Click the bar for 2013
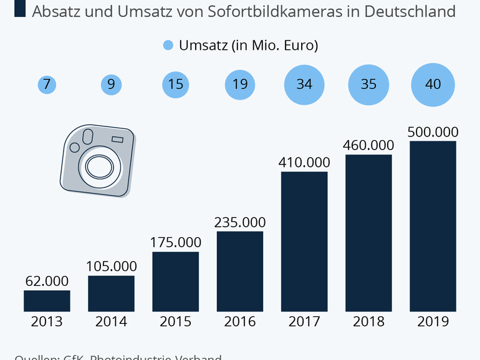click(x=47, y=300)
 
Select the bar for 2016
click(x=240, y=271)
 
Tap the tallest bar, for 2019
click(x=433, y=225)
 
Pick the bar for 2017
click(x=304, y=241)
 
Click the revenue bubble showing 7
click(x=47, y=84)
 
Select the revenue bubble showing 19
click(x=240, y=84)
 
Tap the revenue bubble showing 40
click(x=433, y=84)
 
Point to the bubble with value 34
click(x=304, y=84)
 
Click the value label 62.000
click(x=47, y=282)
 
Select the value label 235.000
click(x=240, y=222)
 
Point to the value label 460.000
click(x=368, y=145)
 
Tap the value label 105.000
click(x=111, y=266)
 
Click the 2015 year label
click(x=176, y=322)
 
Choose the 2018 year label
click(x=368, y=322)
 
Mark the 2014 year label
click(x=111, y=322)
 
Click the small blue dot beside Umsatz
click(x=168, y=45)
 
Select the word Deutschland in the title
click(x=403, y=11)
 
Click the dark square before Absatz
click(x=19, y=10)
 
